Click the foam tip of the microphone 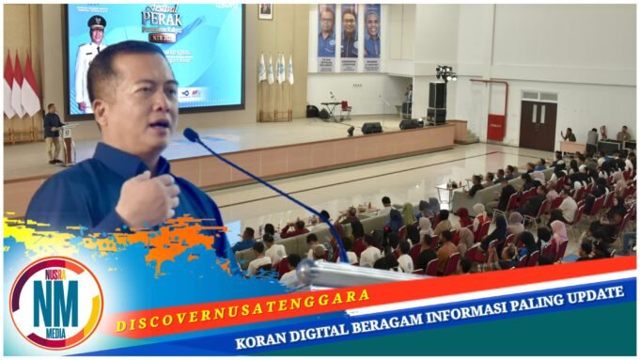[x=191, y=134]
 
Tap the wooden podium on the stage [x=69, y=142]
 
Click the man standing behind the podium [x=53, y=131]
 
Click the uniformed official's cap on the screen [x=97, y=22]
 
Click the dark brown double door [x=538, y=125]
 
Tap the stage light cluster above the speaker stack [x=444, y=72]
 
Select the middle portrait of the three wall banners [x=349, y=38]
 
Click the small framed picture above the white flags [x=265, y=10]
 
